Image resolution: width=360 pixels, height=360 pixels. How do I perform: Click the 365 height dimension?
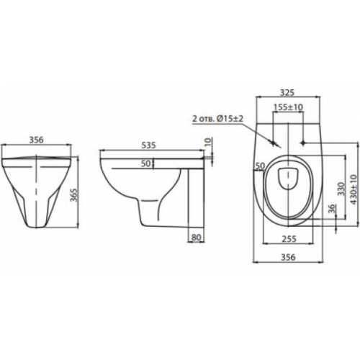coord(75,195)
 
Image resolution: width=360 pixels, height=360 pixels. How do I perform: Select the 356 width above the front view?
coord(36,140)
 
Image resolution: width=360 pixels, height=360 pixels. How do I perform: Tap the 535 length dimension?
coord(148,145)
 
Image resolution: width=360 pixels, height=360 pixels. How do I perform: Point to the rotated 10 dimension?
coord(209,141)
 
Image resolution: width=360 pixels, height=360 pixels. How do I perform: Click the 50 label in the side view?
coord(145,163)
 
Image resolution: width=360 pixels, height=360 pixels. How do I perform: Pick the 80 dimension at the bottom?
coord(197,238)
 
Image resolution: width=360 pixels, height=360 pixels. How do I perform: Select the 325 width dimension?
coord(287,93)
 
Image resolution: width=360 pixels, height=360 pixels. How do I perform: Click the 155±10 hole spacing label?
coord(288,107)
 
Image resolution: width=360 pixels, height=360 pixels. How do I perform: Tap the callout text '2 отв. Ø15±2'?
coord(217,119)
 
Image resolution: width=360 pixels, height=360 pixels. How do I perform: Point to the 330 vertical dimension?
coord(341,189)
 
